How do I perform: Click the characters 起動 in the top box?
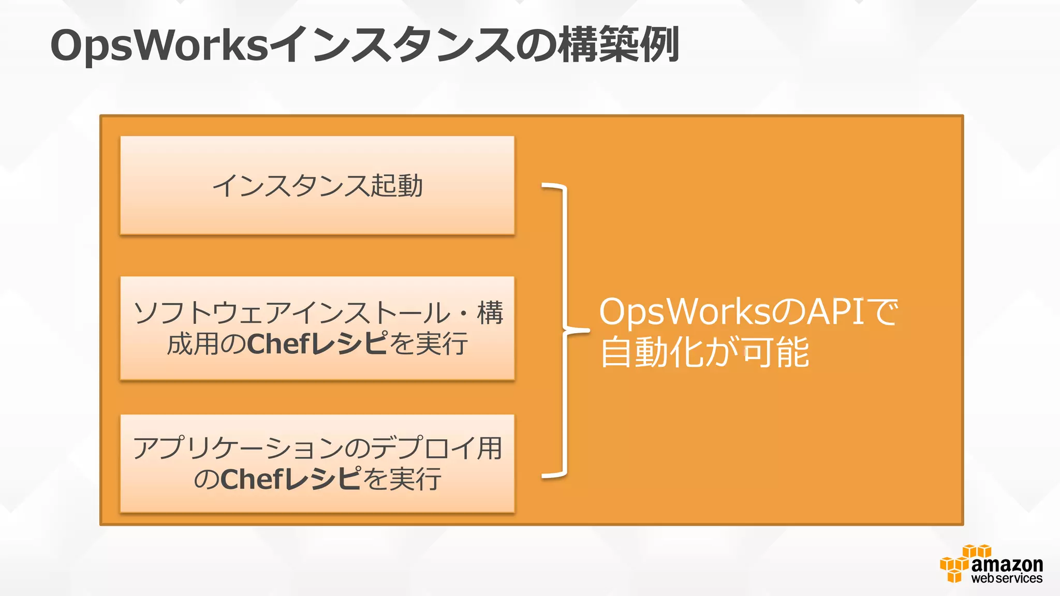coord(397,186)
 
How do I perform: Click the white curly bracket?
coord(565,330)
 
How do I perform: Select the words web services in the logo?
coord(1007,578)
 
